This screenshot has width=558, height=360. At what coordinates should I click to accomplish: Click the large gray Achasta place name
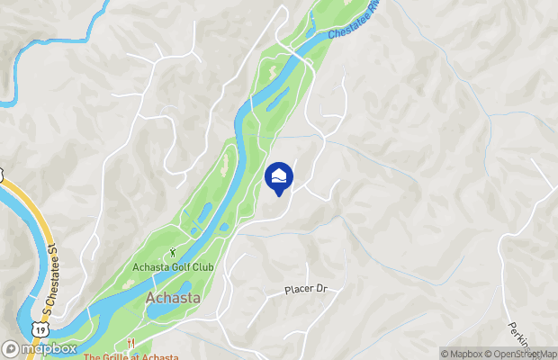(x=173, y=297)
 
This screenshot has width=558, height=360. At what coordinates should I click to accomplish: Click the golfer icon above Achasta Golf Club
(x=175, y=254)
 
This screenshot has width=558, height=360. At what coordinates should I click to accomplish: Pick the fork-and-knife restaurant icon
(x=130, y=344)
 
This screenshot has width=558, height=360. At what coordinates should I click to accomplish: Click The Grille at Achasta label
(x=131, y=356)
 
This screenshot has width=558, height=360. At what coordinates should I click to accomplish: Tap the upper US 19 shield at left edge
(x=3, y=174)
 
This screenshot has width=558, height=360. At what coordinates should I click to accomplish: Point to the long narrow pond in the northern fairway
(x=277, y=97)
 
